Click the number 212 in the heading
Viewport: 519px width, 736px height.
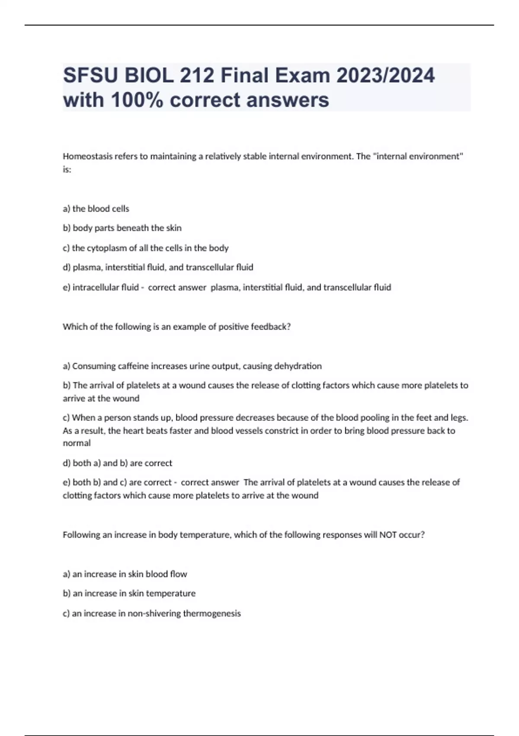pyautogui.click(x=197, y=76)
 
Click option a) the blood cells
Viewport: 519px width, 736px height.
pyautogui.click(x=96, y=209)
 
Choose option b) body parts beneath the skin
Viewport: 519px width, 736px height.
pyautogui.click(x=122, y=228)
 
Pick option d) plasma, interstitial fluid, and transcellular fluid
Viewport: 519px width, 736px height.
pyautogui.click(x=158, y=268)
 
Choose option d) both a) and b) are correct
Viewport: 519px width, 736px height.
pyautogui.click(x=117, y=463)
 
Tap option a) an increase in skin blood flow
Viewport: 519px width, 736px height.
pyautogui.click(x=125, y=575)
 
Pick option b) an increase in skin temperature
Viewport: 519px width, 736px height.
pyautogui.click(x=129, y=594)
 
